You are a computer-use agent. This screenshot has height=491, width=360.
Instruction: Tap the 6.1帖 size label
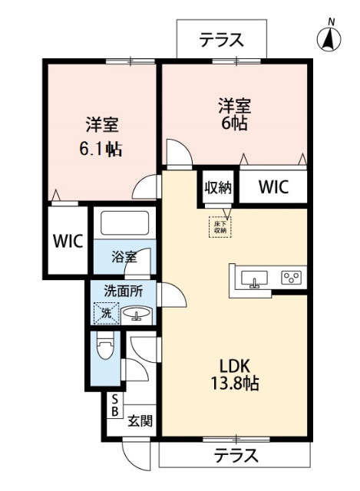coord(101,148)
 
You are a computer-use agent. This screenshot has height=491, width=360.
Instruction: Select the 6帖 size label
coord(236,123)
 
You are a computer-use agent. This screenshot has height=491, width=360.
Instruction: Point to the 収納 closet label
coord(219,186)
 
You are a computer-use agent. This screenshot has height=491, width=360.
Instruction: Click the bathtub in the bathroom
coord(124,224)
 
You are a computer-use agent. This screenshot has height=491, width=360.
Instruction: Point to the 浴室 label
coord(125,257)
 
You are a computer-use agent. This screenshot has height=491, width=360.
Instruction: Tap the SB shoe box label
coord(114,405)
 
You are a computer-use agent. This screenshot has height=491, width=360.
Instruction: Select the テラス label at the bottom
coord(235,455)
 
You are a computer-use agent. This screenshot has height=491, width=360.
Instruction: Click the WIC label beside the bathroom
coord(67,239)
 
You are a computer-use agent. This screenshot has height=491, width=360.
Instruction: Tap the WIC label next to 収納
coord(273,186)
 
